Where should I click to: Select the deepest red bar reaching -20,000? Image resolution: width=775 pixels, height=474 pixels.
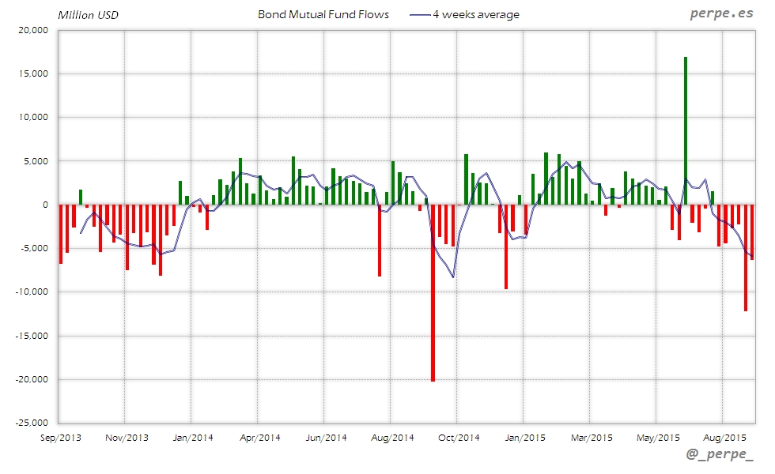[433, 292]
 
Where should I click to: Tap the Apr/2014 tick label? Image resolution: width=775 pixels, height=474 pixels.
[259, 437]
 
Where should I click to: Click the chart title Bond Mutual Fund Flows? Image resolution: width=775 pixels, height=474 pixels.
[323, 14]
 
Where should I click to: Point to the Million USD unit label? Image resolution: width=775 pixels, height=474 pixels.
[88, 15]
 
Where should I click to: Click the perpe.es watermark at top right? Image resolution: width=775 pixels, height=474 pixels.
[720, 13]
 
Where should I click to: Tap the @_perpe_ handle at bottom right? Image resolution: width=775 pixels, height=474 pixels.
[720, 454]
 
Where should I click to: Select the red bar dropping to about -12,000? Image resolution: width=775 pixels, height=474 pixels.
[745, 258]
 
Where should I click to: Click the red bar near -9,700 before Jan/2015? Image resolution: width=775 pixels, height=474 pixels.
[506, 246]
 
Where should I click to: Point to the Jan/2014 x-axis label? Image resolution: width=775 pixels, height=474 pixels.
[192, 437]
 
